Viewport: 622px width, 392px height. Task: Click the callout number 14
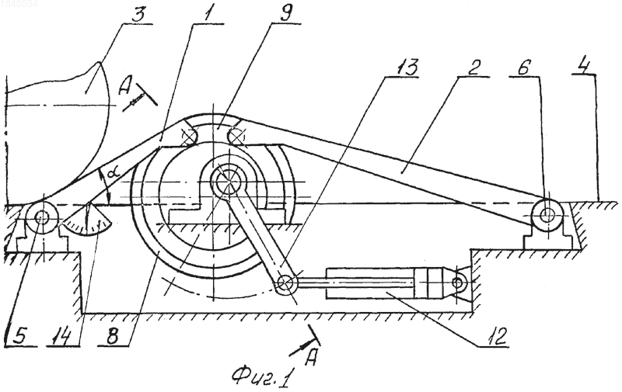click(x=61, y=337)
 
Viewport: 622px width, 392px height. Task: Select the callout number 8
click(x=112, y=336)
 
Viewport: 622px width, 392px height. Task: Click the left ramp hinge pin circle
click(x=41, y=217)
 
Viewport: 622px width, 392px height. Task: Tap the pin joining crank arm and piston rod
click(x=286, y=283)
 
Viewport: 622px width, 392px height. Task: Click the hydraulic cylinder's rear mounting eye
click(x=458, y=283)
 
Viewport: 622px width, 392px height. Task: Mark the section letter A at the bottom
click(x=313, y=357)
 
